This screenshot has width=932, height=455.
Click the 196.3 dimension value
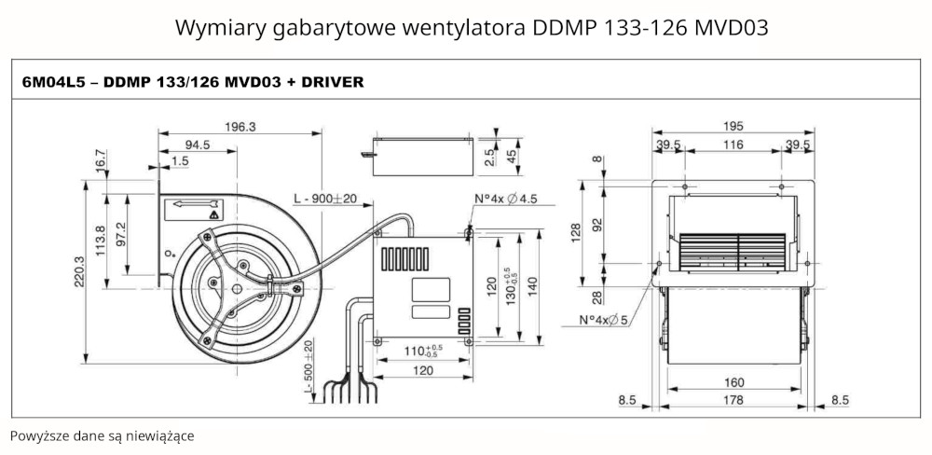[240, 128]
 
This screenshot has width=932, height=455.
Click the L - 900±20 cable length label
[332, 199]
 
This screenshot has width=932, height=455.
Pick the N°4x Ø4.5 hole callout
[506, 199]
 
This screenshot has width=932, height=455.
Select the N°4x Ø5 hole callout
[606, 320]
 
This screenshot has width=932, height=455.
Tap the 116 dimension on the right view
[733, 145]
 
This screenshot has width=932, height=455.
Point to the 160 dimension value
[733, 381]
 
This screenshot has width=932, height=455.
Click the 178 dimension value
[733, 401]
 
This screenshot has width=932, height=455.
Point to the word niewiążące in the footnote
[163, 435]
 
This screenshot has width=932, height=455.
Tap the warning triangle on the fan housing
[214, 214]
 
